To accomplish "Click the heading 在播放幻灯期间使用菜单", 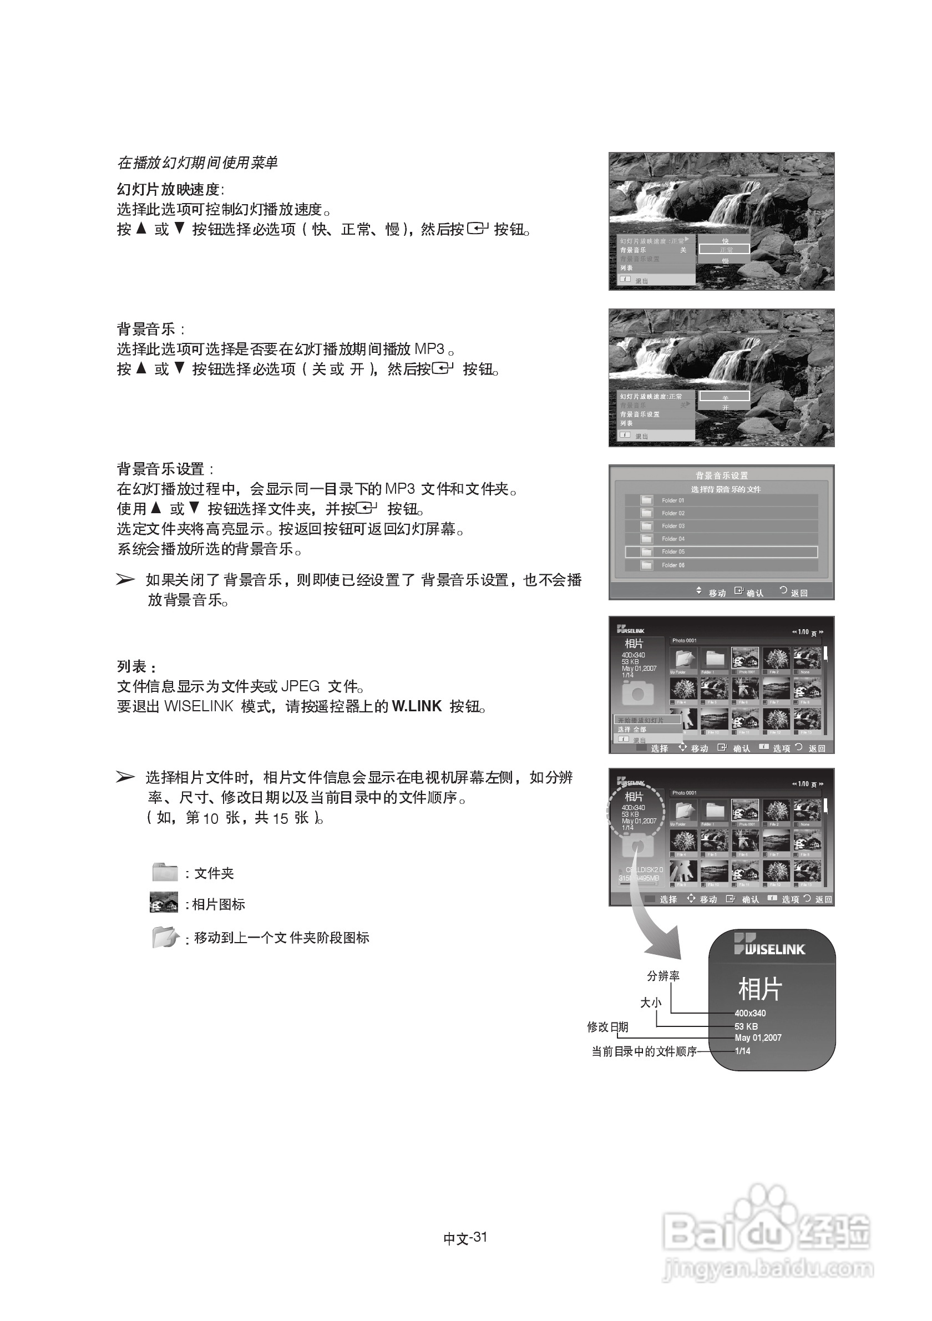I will click(197, 163).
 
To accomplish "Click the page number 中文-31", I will click(465, 1238).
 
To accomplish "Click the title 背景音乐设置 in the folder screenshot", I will click(721, 475).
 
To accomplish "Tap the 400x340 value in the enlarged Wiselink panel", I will click(749, 1013).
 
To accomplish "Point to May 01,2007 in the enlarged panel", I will click(758, 1038).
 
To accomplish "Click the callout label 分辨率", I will click(663, 976).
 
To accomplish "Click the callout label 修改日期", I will click(607, 1027).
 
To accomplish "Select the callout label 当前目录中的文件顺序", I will click(644, 1051).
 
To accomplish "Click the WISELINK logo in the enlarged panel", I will click(769, 945).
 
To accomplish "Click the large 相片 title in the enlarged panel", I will click(759, 989).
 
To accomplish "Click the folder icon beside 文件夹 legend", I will click(165, 872).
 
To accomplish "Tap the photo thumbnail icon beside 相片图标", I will click(164, 902).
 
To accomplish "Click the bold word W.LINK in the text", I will click(416, 706).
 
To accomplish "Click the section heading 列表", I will click(136, 667).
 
